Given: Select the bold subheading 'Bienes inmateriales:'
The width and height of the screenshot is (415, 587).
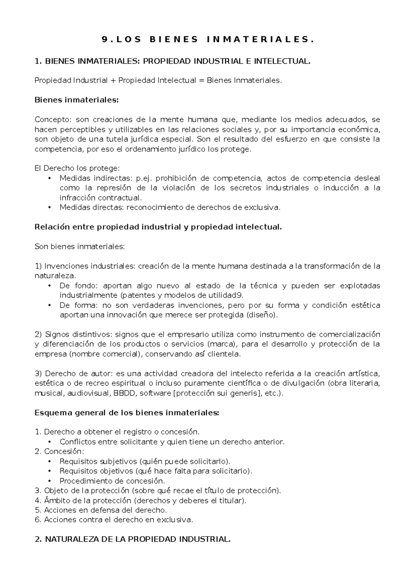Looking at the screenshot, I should point(76,100).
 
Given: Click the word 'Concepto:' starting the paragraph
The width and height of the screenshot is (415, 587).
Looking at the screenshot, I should point(54,120).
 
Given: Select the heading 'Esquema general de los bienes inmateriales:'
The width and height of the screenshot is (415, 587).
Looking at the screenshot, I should point(127,413).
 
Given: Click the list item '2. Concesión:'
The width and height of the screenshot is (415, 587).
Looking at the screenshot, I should point(59,451).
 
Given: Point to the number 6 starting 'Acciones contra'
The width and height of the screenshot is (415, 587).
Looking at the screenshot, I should point(37,520).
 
